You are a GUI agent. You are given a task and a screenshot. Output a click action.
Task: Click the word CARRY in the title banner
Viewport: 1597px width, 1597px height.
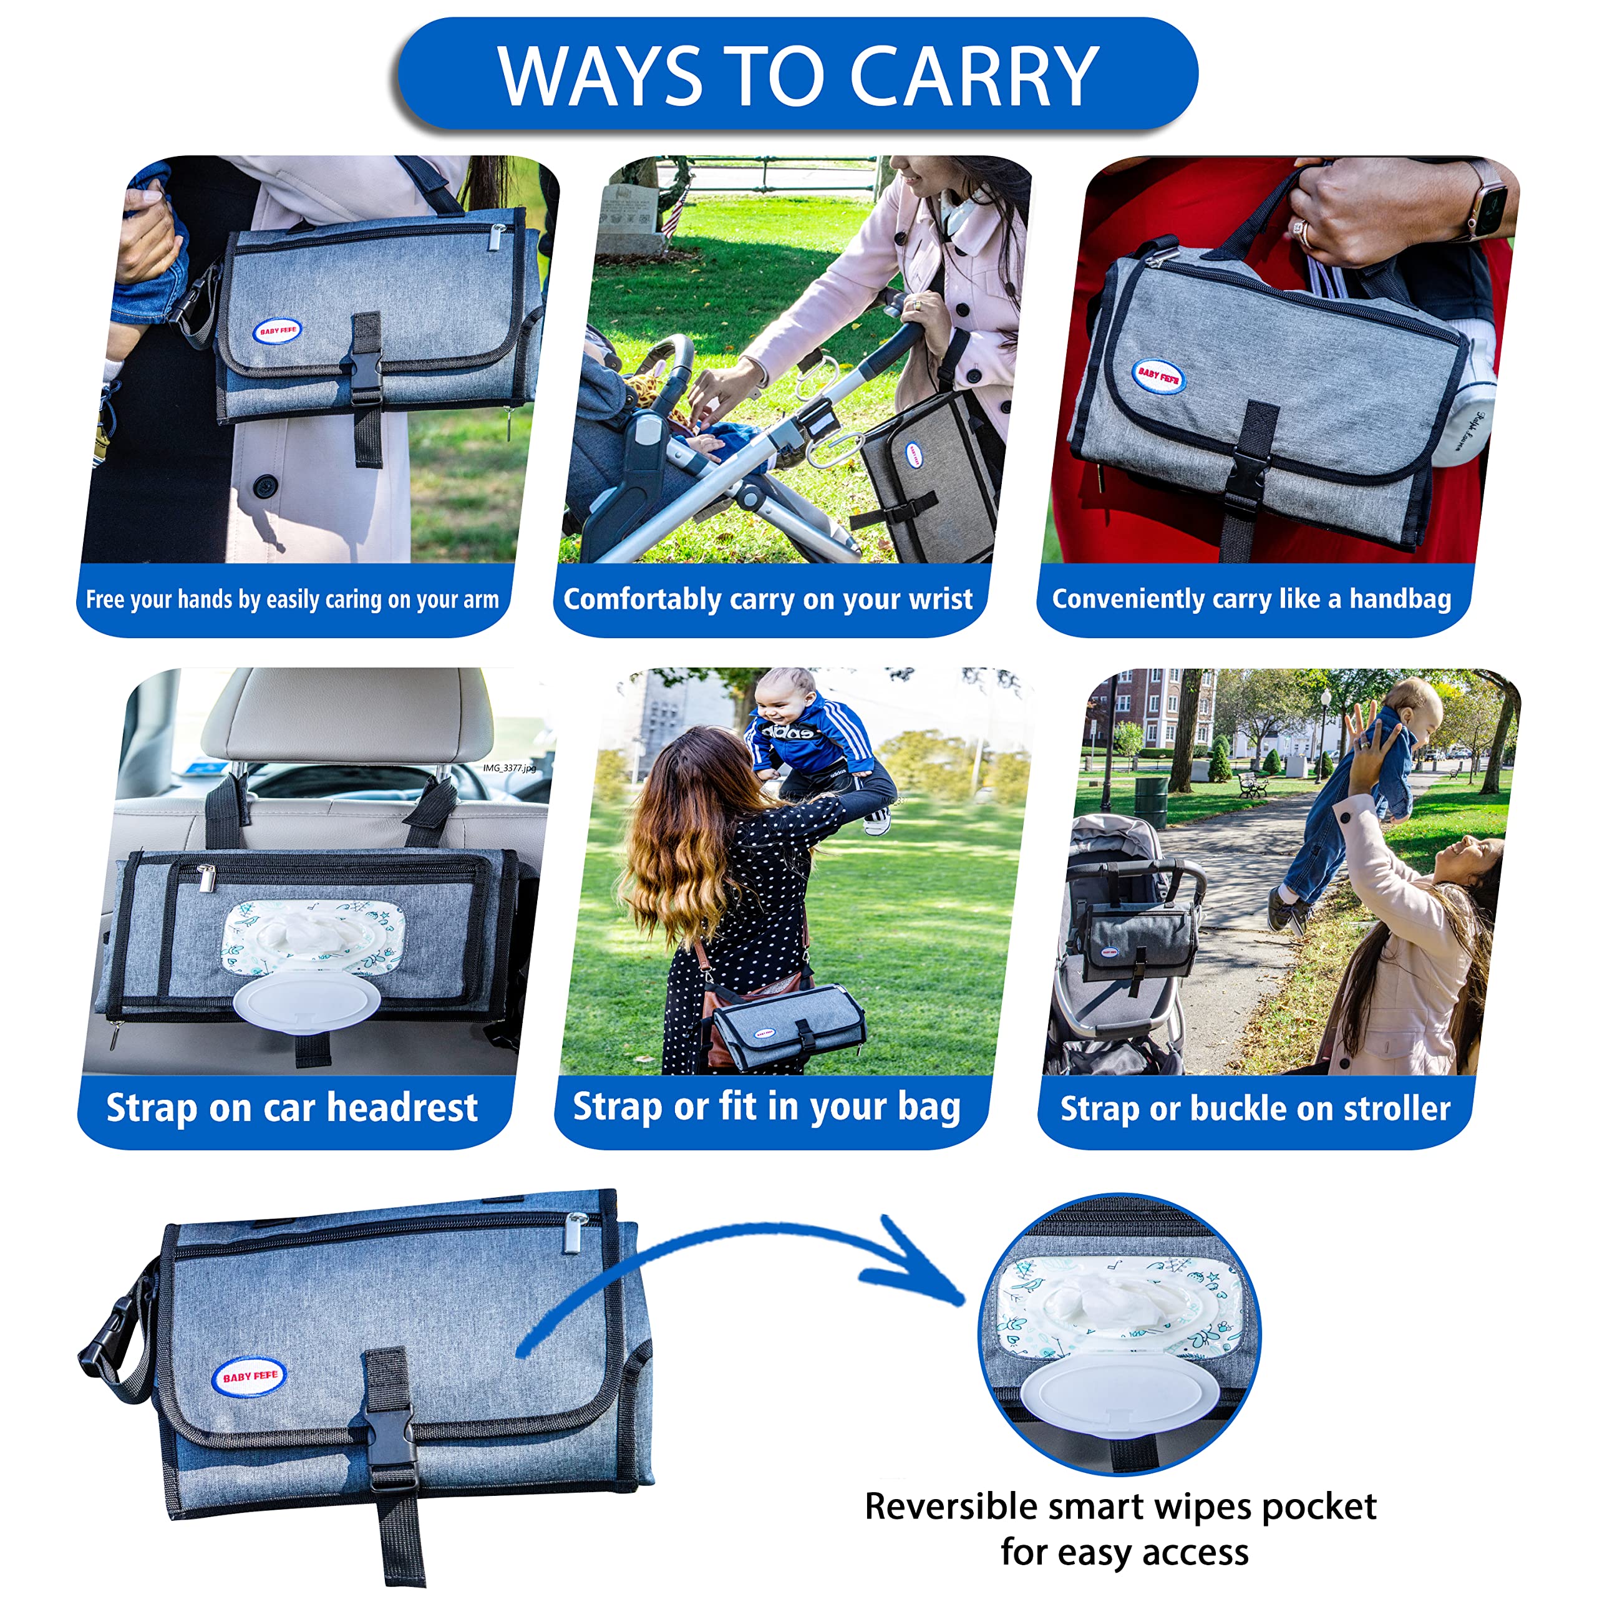[x=974, y=76]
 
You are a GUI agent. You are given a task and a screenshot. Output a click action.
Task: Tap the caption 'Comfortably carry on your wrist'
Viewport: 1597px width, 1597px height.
[x=768, y=599]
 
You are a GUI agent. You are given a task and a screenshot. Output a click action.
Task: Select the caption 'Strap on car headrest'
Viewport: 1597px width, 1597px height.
[x=292, y=1109]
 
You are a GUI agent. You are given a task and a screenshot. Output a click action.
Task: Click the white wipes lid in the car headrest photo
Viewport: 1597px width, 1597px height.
[x=307, y=1004]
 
